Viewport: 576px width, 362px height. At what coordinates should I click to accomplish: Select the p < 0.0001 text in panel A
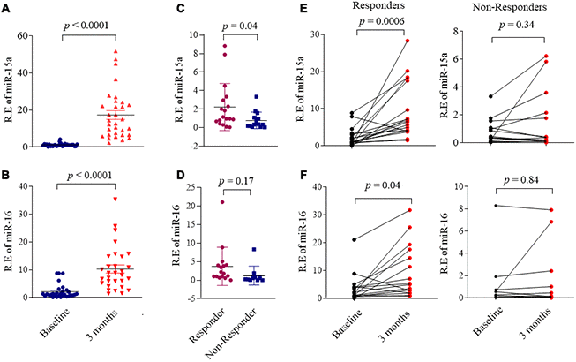[93, 27]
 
